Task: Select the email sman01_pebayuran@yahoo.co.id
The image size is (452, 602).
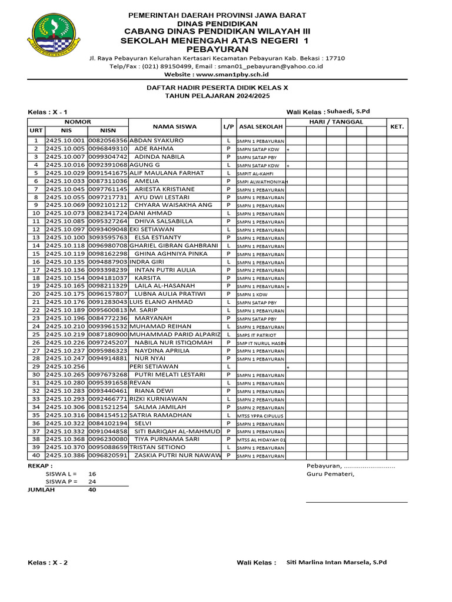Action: [x=275, y=66]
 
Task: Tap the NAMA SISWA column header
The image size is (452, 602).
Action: [x=175, y=126]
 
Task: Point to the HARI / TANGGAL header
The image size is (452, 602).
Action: [x=336, y=122]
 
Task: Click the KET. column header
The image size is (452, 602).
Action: [x=397, y=126]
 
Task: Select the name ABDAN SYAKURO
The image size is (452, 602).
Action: [x=157, y=141]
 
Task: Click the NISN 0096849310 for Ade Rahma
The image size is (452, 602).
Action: [x=108, y=149]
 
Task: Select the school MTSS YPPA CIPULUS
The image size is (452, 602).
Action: [x=260, y=416]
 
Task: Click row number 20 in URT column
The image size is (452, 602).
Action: [x=36, y=294]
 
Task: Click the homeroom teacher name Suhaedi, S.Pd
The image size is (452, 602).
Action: [x=348, y=111]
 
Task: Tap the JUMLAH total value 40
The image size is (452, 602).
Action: [x=92, y=489]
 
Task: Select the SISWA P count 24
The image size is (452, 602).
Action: [x=92, y=481]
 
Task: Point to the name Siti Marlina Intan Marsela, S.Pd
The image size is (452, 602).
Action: [x=336, y=563]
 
